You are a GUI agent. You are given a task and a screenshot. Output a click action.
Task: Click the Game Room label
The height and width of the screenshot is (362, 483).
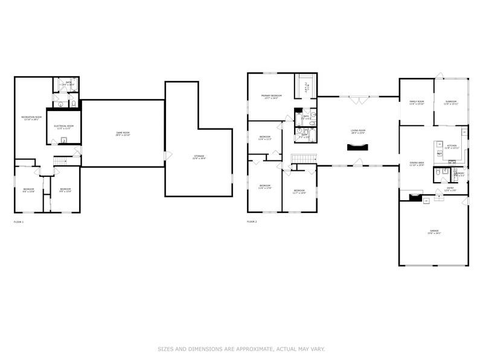point(123,133)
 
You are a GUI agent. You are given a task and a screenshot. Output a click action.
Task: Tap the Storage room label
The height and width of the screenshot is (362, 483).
point(199,157)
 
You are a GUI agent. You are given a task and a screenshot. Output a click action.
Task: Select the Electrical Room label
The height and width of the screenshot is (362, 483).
point(63,127)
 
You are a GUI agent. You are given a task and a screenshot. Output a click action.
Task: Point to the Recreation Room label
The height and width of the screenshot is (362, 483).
point(31,118)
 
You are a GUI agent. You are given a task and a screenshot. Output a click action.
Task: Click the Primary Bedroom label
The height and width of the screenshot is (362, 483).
point(271,97)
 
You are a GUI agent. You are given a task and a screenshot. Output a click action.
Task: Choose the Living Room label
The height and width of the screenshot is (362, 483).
point(358,132)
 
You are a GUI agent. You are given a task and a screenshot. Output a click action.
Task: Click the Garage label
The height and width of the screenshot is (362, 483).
point(433,232)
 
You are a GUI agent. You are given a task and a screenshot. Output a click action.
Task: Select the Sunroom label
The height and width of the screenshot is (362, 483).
point(451,103)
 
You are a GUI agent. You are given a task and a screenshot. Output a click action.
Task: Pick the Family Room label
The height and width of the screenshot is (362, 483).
point(417,103)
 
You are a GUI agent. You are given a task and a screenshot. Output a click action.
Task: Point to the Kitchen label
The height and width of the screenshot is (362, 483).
point(452,147)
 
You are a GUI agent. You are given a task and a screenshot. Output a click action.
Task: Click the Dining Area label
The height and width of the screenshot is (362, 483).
point(417,164)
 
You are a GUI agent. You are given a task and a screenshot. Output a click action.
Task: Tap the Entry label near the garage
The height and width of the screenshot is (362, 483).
point(450,189)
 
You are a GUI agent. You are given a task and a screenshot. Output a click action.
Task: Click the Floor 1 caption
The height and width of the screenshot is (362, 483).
point(19,222)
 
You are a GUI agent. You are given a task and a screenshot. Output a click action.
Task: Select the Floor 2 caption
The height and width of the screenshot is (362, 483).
point(252,222)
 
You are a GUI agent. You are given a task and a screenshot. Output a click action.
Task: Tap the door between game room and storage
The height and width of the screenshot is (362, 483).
point(167,156)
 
